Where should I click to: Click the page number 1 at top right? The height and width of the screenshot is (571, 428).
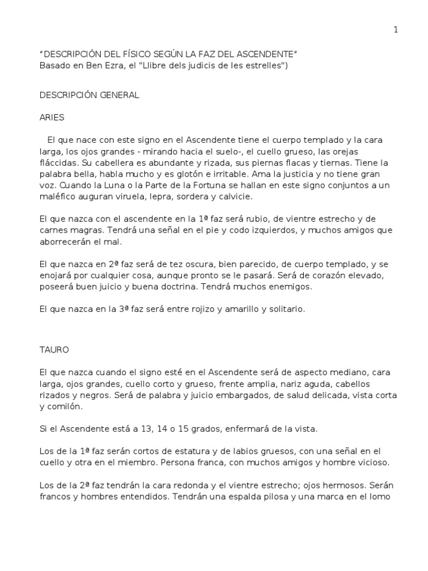396,30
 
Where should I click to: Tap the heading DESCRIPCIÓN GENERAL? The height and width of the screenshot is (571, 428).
89,95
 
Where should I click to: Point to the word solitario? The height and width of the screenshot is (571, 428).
285,310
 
